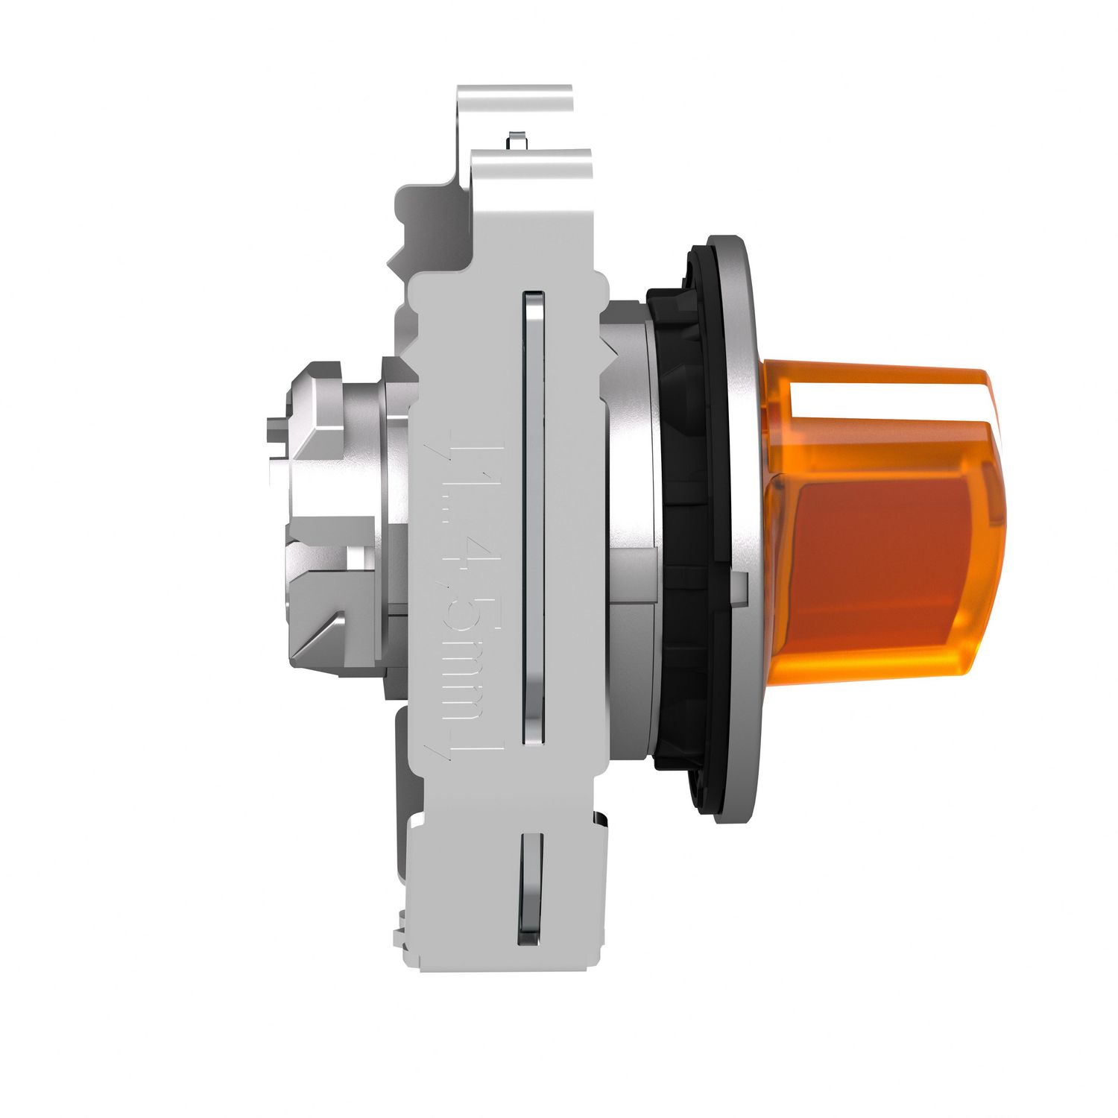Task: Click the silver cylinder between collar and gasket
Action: [630, 522]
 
